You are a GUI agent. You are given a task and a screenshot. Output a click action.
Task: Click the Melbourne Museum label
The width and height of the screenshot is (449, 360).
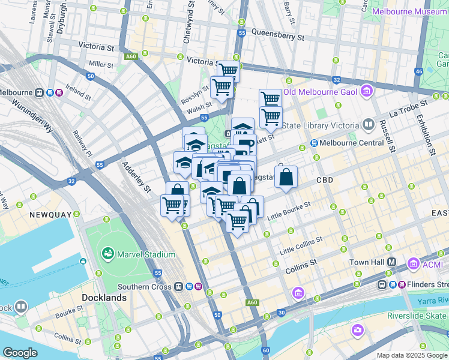click(x=409, y=11)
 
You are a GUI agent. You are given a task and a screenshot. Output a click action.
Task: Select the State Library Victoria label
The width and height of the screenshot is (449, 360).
click(x=320, y=125)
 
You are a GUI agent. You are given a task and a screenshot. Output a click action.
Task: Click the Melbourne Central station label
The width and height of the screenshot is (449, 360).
click(x=351, y=143)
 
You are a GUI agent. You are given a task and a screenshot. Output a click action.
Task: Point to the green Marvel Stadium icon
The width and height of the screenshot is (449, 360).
click(x=108, y=254)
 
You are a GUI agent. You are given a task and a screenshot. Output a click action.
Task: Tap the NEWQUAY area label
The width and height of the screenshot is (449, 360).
click(x=51, y=214)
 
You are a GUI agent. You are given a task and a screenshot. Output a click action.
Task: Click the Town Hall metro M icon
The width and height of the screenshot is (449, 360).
click(x=391, y=262)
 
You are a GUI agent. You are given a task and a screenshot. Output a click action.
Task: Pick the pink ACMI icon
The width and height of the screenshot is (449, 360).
click(x=413, y=263)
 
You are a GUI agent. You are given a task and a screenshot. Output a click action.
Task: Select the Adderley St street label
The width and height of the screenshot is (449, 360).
click(x=136, y=177)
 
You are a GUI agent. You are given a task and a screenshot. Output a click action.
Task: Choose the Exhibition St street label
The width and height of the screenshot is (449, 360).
click(x=427, y=134)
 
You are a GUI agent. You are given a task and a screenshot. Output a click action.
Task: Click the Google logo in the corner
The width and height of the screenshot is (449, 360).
click(x=20, y=352)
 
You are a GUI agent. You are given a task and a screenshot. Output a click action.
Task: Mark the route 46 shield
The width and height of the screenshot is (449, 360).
click(x=418, y=71)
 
